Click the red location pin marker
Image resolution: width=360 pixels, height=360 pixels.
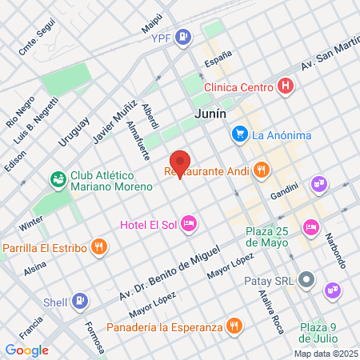pos(180,162)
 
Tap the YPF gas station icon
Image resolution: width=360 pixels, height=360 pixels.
pos(183,36)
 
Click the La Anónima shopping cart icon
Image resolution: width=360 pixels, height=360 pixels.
pos(238,135)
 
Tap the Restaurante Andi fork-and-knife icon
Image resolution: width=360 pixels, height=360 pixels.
pos(261,170)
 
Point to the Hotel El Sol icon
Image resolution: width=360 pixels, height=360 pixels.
pos(189,222)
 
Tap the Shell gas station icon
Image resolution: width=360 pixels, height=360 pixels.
pos(79,302)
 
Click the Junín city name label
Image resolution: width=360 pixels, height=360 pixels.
pos(210,114)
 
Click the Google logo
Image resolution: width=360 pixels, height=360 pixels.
pos(26,350)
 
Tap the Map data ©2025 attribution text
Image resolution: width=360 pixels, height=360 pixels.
pos(325,354)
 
